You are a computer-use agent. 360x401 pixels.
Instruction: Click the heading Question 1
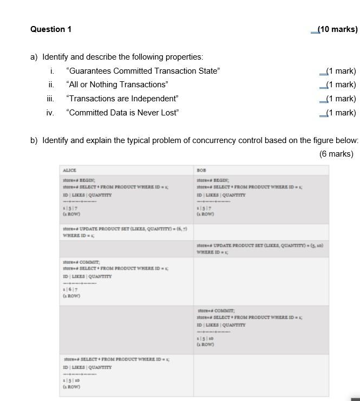[51, 29]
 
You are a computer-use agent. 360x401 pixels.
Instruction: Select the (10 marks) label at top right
[337, 29]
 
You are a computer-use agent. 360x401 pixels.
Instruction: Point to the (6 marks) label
[336, 154]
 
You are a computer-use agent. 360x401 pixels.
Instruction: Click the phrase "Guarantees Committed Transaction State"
[143, 71]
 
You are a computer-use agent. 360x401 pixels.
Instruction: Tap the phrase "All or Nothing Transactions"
[117, 85]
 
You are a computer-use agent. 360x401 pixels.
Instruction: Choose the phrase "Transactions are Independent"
[122, 99]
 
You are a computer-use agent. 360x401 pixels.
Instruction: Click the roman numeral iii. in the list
[50, 99]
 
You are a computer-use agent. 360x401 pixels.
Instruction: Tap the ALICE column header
[69, 170]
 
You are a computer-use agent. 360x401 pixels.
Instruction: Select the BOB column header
[201, 170]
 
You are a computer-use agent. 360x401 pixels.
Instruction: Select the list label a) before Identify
[34, 57]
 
